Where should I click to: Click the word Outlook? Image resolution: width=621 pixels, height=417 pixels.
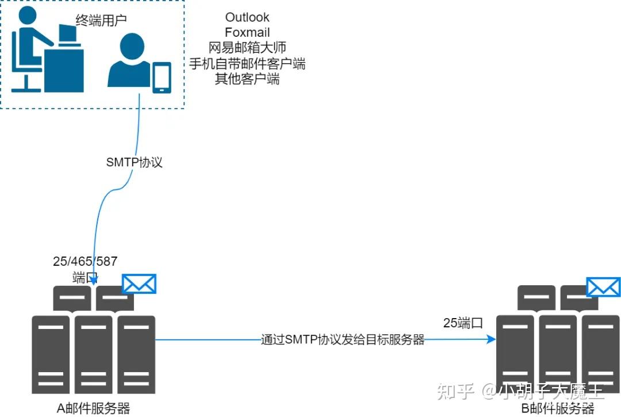coord(247,17)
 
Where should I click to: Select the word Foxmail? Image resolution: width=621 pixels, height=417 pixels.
coord(247,32)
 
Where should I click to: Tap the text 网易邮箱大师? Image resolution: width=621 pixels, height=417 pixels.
coord(247,48)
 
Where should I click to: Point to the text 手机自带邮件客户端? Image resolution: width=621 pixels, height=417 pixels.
coord(247,63)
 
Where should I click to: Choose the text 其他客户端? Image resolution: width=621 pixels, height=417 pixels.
coord(247,79)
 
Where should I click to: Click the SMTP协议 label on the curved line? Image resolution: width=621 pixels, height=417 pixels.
coord(135,162)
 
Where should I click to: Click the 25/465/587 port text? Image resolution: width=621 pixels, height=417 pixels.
coord(85,262)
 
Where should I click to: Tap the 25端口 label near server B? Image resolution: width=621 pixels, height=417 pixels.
coord(463,323)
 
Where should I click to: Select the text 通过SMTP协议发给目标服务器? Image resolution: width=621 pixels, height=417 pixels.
coord(343,340)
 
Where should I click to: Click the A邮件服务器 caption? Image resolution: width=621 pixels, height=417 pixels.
coord(93,408)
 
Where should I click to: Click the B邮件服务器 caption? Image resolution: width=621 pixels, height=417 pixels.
coord(557,408)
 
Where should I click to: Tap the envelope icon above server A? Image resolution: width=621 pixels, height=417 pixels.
coord(139,284)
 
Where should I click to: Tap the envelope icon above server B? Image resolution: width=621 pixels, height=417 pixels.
coord(603,287)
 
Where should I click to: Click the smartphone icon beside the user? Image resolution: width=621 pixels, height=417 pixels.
coord(162,78)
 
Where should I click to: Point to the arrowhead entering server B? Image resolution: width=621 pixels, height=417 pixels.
coord(492,340)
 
